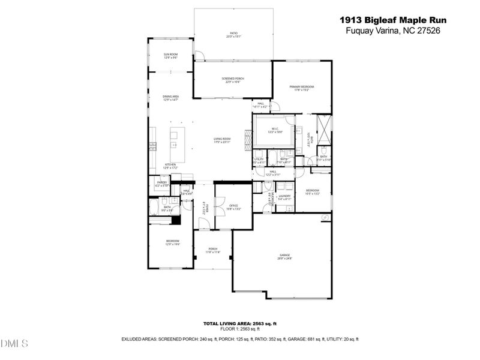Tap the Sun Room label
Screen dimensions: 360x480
170,55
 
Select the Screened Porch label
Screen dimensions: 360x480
233,80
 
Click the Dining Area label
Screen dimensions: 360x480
171,98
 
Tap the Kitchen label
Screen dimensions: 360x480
171,166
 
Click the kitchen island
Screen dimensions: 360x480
178,137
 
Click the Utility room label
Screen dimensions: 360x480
259,160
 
